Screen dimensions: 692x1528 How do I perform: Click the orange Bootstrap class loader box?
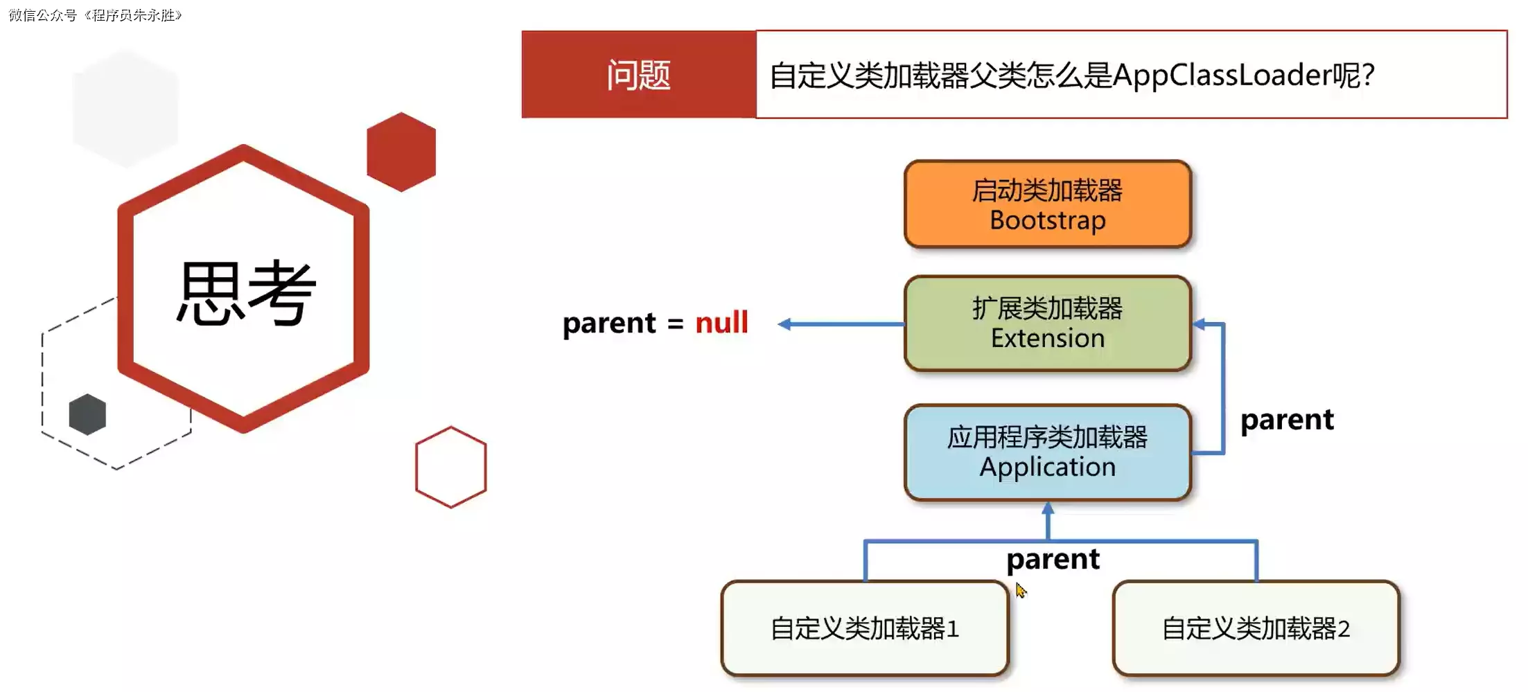[1047, 204]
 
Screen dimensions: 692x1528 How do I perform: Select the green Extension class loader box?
[1047, 323]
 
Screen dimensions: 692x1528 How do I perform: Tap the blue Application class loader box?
[1047, 452]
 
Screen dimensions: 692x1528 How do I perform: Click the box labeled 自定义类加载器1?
[864, 628]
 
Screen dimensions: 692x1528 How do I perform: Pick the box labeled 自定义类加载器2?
[1256, 628]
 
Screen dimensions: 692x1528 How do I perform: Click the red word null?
[721, 323]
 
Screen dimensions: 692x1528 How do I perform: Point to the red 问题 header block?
[638, 75]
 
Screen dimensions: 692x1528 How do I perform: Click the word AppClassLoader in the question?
[1222, 75]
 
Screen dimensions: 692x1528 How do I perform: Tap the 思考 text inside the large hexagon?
[246, 294]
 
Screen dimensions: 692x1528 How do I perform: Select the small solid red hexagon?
[401, 152]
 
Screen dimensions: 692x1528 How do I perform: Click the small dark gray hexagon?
[87, 414]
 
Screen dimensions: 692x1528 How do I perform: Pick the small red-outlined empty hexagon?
[450, 467]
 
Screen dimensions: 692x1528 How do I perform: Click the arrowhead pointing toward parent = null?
[784, 324]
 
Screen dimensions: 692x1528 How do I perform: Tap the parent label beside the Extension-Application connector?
[1287, 420]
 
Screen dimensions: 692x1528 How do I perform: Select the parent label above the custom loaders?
[1053, 559]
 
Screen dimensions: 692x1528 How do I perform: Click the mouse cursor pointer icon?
[1021, 590]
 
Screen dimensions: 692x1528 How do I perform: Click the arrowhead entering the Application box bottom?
[1048, 509]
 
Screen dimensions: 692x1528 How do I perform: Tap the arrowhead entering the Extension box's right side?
[1200, 324]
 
